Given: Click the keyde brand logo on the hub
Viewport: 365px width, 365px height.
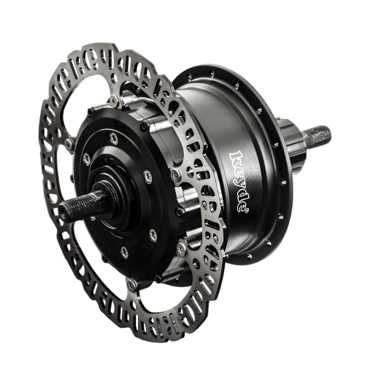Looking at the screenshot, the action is pos(239,182).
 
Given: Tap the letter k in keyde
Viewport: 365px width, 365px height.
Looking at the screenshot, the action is pos(237,158).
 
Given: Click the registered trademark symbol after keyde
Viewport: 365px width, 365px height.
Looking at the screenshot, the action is pos(247,211).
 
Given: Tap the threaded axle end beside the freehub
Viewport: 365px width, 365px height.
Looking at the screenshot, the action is pos(317,137).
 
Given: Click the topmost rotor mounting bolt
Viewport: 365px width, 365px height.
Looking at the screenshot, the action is pos(113,100).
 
